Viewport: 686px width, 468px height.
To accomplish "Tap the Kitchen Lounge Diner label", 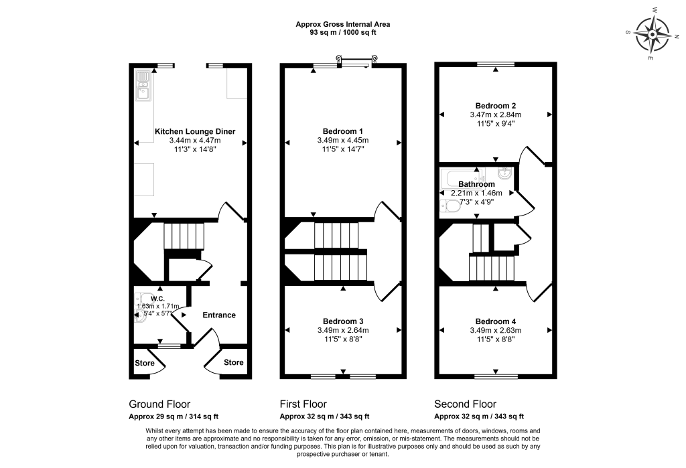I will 195,131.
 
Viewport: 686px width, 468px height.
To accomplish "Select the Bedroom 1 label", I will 342,131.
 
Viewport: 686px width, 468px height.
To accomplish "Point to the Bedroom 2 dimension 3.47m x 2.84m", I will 496,114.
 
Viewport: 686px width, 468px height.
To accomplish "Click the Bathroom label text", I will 477,184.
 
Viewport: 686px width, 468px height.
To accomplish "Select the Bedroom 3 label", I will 343,320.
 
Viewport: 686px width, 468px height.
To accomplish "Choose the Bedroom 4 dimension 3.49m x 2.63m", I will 496,330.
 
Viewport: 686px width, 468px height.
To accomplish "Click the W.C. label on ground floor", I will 158,299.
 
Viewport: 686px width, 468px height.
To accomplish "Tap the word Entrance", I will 219,315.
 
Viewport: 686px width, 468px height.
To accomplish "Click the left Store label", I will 145,363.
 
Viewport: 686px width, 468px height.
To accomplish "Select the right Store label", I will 233,363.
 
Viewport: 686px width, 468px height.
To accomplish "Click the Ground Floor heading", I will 159,404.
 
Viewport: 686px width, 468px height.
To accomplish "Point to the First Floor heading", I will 303,404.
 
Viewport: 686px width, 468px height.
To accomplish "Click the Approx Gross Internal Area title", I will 343,24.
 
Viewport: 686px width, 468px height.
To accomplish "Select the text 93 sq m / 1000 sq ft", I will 343,32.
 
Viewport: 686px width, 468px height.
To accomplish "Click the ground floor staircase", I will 183,236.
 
